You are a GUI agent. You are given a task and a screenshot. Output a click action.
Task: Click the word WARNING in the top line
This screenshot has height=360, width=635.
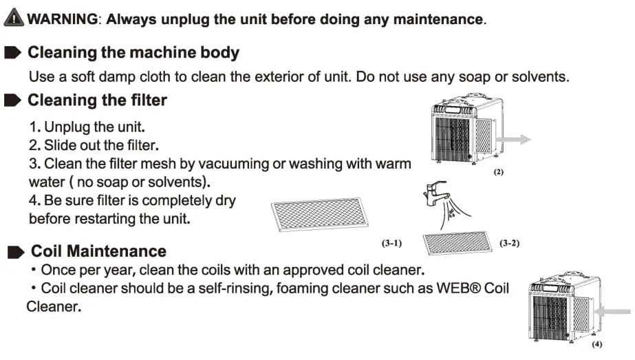tap(63, 19)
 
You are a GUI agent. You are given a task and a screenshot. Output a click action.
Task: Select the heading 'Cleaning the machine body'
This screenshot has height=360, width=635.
tap(133, 52)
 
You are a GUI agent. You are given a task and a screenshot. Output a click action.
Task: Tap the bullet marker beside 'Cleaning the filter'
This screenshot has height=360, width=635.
tap(13, 100)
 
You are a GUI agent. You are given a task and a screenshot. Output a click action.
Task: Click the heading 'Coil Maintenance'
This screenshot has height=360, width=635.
tap(98, 251)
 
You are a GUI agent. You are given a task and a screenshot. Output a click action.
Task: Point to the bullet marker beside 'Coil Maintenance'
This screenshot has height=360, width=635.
tap(16, 253)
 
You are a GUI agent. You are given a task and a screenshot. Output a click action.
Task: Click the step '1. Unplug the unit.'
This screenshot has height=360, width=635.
tap(87, 127)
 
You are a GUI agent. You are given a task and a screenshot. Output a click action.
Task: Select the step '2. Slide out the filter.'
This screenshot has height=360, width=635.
tap(94, 145)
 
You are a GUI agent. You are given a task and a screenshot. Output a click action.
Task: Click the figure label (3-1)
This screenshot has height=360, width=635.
tap(391, 244)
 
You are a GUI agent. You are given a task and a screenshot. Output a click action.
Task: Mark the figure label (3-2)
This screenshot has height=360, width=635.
tap(509, 244)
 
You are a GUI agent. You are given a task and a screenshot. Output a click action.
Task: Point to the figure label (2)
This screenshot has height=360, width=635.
tap(499, 172)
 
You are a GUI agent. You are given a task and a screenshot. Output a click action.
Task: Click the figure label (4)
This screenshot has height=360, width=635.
tap(596, 344)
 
